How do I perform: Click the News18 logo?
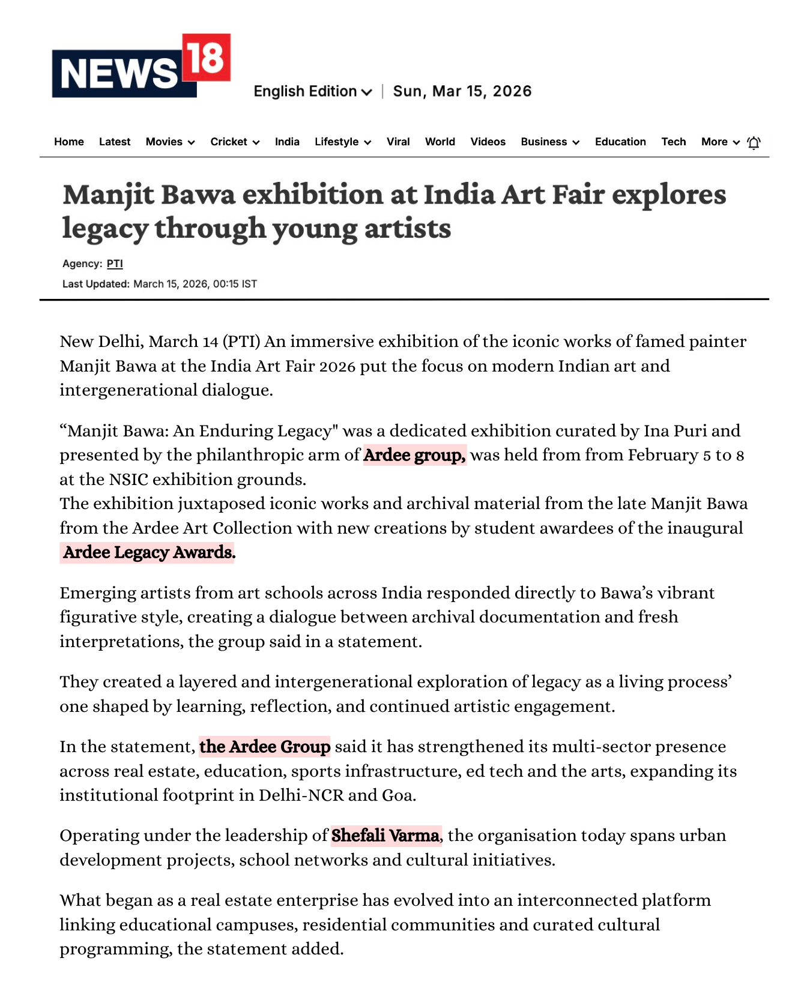click(141, 66)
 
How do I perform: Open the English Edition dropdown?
click(312, 91)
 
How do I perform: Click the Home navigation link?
click(69, 142)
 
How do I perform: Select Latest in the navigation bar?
click(115, 142)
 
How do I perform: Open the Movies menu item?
click(170, 142)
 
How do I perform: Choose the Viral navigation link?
click(398, 142)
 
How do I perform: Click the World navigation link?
click(440, 142)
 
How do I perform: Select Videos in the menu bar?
click(488, 142)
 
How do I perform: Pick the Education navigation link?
click(620, 142)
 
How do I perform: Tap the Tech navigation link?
click(674, 142)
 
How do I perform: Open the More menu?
click(720, 142)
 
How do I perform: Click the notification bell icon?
click(754, 142)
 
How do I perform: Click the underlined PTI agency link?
click(115, 264)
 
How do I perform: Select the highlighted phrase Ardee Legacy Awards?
click(149, 552)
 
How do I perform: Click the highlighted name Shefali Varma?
click(385, 836)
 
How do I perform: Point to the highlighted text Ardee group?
click(414, 455)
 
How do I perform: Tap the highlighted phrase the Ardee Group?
click(265, 747)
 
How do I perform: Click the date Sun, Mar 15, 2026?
click(462, 91)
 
